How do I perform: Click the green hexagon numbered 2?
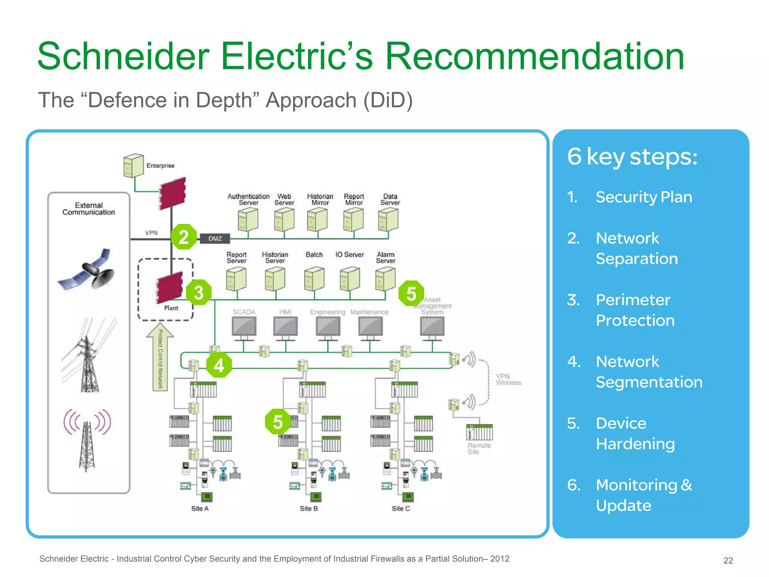[184, 237]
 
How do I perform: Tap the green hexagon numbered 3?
[199, 292]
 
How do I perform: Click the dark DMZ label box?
[215, 239]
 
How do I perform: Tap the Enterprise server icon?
[133, 165]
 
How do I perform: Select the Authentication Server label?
[248, 199]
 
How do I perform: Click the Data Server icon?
[388, 220]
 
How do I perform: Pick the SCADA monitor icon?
[244, 327]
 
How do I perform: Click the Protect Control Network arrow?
[160, 357]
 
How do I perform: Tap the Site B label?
[309, 508]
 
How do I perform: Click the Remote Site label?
[479, 449]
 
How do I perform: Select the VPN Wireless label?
[508, 379]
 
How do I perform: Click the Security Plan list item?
[644, 197]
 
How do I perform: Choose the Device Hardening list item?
[635, 434]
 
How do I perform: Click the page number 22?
[728, 560]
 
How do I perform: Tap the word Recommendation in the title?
[534, 56]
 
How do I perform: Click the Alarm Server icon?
[385, 279]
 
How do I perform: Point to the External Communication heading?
[89, 209]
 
